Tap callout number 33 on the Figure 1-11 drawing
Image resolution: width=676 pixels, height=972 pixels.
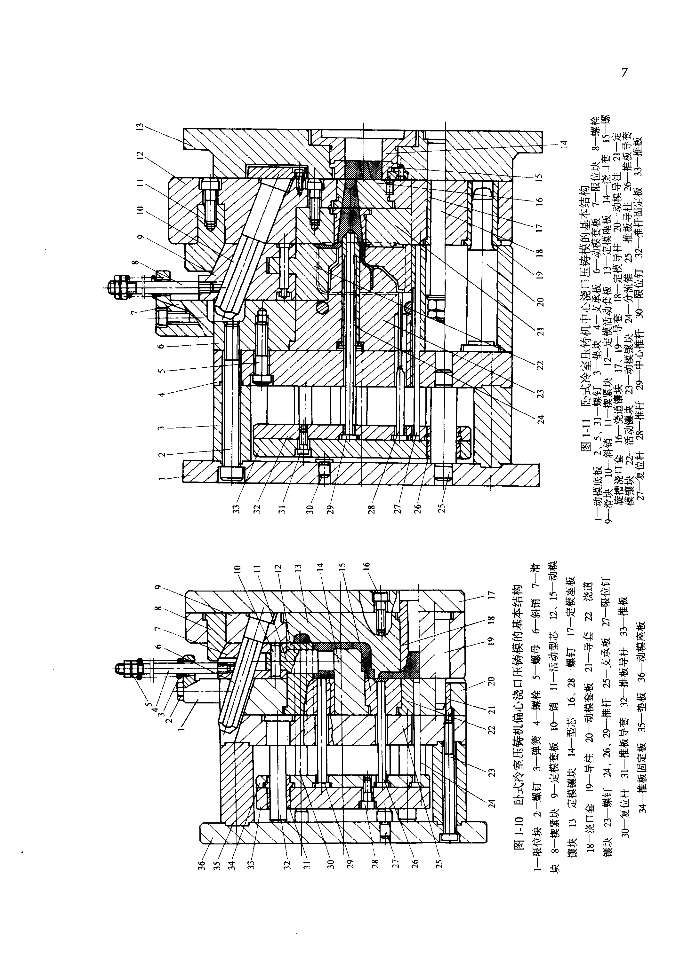click(x=237, y=508)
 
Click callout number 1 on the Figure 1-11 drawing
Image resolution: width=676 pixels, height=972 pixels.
click(x=161, y=479)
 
